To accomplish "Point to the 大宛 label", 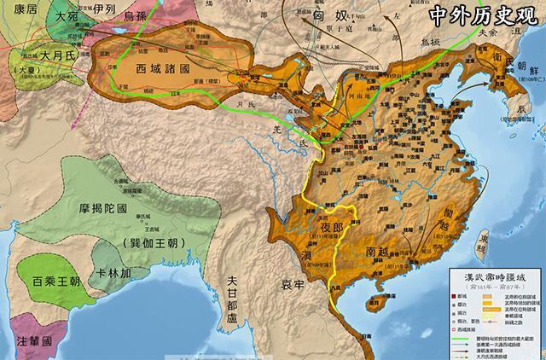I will pyautogui.click(x=65, y=16).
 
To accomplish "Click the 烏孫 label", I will pyautogui.click(x=142, y=16).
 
